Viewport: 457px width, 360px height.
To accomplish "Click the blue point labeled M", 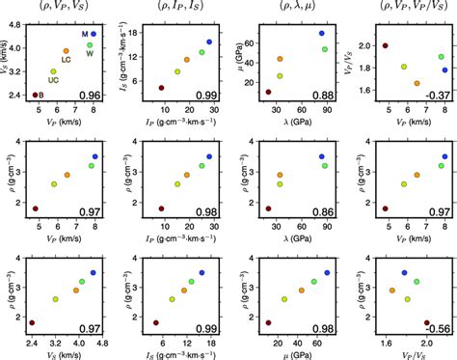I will pos(94,34).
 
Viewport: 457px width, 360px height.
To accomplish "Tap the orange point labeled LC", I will pos(66,50).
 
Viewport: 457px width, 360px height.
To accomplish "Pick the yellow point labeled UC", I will pos(53,71).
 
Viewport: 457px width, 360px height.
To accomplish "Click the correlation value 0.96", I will pos(91,95).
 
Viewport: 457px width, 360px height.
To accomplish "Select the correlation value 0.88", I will pos(323,95).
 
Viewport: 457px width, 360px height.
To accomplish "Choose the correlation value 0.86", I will pos(323,210).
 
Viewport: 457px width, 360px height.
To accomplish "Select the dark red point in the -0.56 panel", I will pos(427,323).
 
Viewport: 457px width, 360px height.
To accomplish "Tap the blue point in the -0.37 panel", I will pos(444,69).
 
